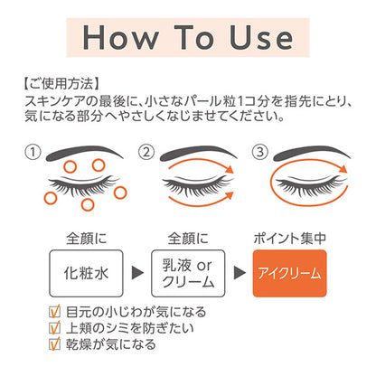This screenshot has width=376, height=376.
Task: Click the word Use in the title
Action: pyautogui.click(x=261, y=37)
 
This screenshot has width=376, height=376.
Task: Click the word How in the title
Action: pyautogui.click(x=120, y=37)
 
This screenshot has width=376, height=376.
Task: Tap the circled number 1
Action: pyautogui.click(x=33, y=152)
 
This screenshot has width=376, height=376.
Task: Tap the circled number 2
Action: pyautogui.click(x=146, y=152)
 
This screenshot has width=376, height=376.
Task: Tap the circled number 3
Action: pyautogui.click(x=259, y=152)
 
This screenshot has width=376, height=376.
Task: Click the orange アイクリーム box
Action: pyautogui.click(x=289, y=273)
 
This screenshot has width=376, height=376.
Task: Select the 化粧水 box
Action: pyautogui.click(x=86, y=273)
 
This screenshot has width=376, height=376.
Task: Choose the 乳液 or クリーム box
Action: pyautogui.click(x=188, y=273)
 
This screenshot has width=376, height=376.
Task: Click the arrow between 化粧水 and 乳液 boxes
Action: pyautogui.click(x=137, y=273)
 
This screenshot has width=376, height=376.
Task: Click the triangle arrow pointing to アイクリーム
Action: pyautogui.click(x=240, y=273)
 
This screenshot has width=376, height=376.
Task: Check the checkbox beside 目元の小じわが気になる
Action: pyautogui.click(x=54, y=312)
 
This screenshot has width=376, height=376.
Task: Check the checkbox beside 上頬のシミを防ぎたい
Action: pyautogui.click(x=54, y=328)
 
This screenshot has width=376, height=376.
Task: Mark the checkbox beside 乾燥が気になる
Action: pyautogui.click(x=54, y=344)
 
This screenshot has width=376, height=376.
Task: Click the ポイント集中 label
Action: pyautogui.click(x=289, y=239)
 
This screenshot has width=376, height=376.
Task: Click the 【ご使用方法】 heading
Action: pyautogui.click(x=61, y=83)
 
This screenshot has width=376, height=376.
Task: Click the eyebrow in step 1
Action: pyautogui.click(x=83, y=152)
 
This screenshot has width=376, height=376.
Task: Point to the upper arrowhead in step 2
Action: pyautogui.click(x=230, y=169)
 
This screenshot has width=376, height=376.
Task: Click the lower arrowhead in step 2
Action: pyautogui.click(x=230, y=195)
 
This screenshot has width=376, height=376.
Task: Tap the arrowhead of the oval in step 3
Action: pyautogui.click(x=343, y=169)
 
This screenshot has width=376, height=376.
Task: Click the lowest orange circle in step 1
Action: pyautogui.click(x=88, y=204)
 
